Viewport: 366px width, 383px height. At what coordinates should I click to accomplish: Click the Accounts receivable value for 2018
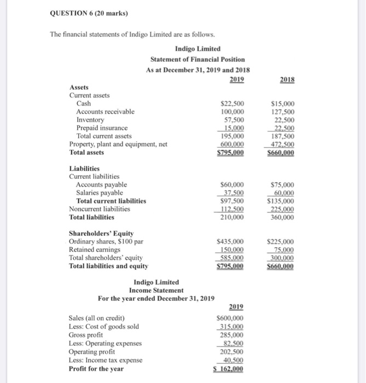point(284,112)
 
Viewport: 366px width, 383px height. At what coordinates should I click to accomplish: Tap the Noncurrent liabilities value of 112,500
point(233,208)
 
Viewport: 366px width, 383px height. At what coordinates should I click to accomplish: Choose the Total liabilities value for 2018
point(283,217)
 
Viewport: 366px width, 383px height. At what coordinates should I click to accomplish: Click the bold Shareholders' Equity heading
point(101,233)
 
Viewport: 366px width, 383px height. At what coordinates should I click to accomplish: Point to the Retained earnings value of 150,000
point(231,249)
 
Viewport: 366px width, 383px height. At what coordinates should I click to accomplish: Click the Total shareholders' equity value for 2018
point(282,258)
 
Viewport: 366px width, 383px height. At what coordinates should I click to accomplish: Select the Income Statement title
point(156,290)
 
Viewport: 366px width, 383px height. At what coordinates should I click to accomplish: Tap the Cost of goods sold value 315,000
point(232,327)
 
